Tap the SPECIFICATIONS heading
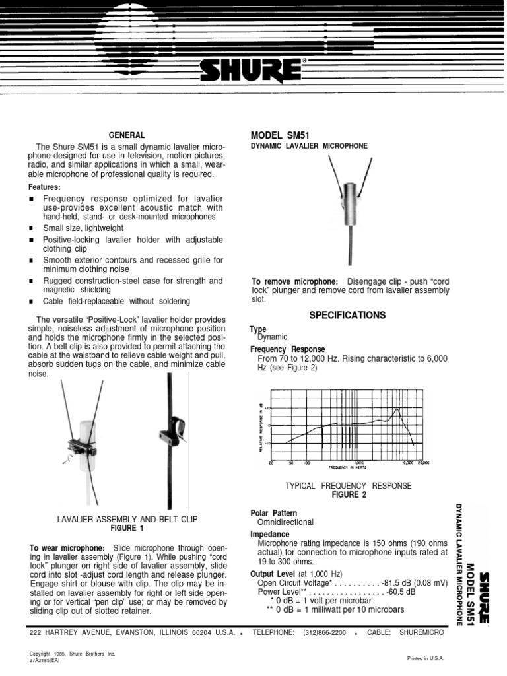[x=347, y=316]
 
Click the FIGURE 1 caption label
[x=128, y=529]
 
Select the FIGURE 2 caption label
[x=348, y=494]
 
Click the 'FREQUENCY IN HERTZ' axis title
[x=349, y=467]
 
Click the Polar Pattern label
[x=273, y=512]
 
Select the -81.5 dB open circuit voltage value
[x=397, y=583]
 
